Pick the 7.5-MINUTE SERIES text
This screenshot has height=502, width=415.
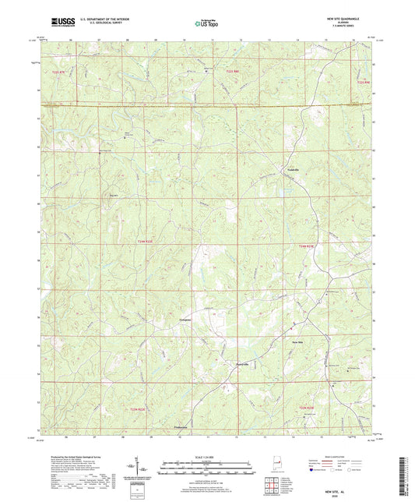tap(360, 27)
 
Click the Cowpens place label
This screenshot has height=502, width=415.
tap(182, 320)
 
